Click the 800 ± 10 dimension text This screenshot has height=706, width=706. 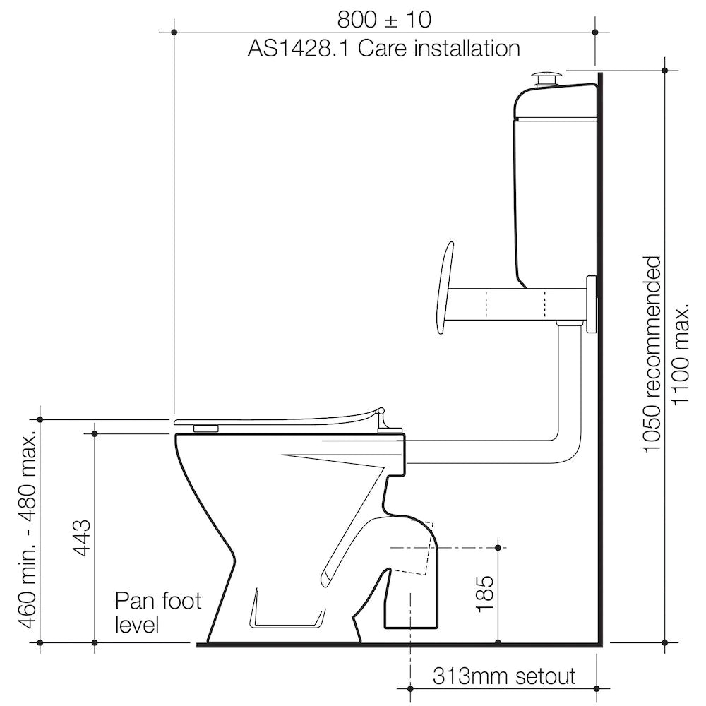pyautogui.click(x=384, y=18)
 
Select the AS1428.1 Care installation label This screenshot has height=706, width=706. pyautogui.click(x=383, y=49)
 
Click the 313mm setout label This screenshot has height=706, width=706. pyautogui.click(x=503, y=676)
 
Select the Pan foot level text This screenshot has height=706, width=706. pyautogui.click(x=158, y=612)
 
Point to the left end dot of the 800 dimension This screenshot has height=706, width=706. pyautogui.click(x=174, y=32)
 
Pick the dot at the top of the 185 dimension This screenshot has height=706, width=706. pyautogui.click(x=498, y=547)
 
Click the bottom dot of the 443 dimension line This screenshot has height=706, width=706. pyautogui.click(x=95, y=643)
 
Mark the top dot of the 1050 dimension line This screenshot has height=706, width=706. pyautogui.click(x=665, y=70)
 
